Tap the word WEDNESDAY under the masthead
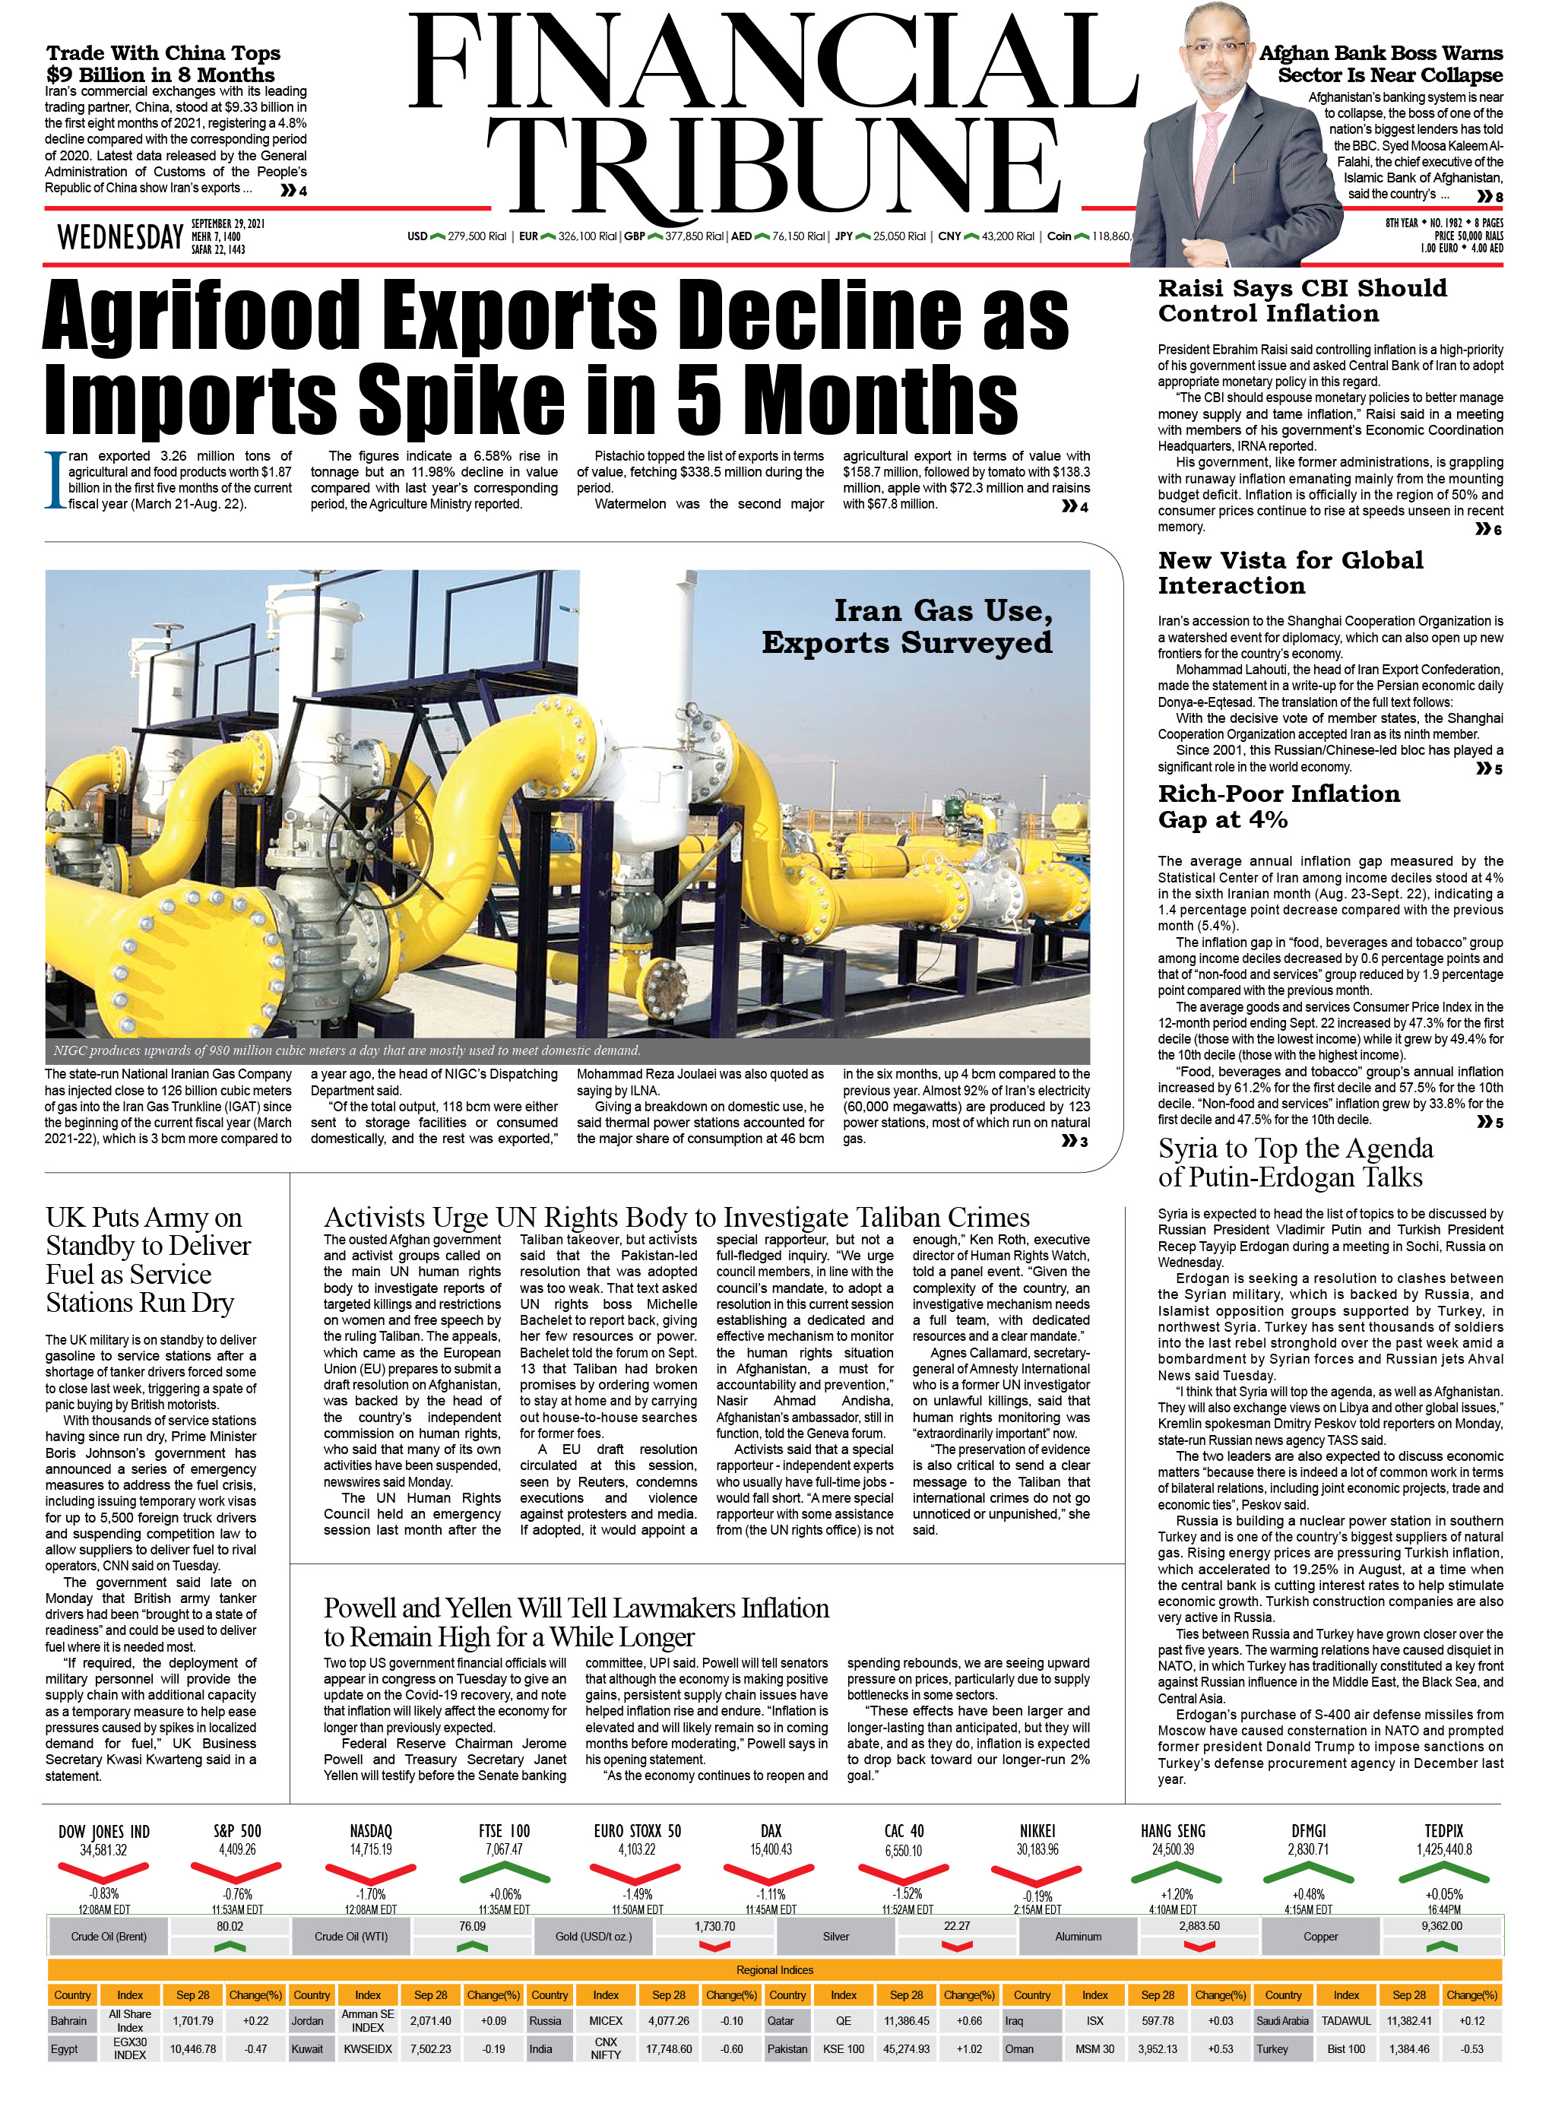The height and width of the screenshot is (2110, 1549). pos(120,237)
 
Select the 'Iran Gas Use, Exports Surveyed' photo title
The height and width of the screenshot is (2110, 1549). pos(907,626)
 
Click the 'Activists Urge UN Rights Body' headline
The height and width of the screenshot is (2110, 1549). pos(676,1217)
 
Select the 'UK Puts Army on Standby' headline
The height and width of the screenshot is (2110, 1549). pos(148,1259)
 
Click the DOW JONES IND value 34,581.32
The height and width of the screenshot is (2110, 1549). pos(103,1850)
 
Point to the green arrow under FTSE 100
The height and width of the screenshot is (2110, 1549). pos(505,1873)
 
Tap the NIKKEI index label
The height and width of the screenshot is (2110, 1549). pos(1037,1830)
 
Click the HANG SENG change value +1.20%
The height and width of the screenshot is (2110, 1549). pos(1176,1894)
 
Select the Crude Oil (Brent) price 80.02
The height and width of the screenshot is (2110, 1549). pos(230,1926)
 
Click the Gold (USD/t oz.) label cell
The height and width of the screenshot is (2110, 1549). pos(594,1937)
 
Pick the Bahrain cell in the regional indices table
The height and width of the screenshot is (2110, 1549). pos(68,2021)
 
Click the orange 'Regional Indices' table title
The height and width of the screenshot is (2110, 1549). pos(774,1970)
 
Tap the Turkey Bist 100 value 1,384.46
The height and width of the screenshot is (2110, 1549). pos(1409,2049)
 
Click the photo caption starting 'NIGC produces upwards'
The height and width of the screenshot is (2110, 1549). pos(347,1050)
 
